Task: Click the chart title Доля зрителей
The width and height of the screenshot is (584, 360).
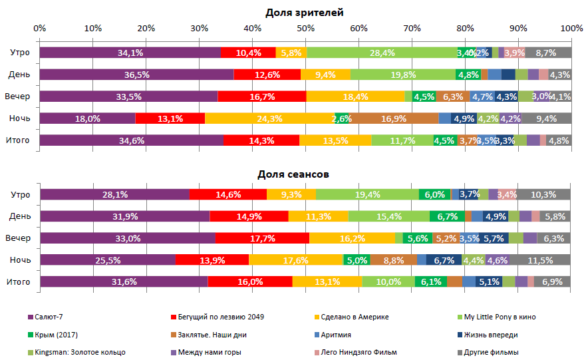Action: click(x=305, y=13)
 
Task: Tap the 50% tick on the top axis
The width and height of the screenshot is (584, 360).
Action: click(x=305, y=29)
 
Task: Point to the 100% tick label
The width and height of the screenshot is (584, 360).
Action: click(x=571, y=29)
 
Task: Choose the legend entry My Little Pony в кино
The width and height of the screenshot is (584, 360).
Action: click(x=500, y=317)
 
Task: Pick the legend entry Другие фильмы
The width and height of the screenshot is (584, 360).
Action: click(x=491, y=352)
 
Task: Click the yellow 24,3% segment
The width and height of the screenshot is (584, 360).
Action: click(x=269, y=118)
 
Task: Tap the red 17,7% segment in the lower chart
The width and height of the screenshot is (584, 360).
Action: click(x=262, y=238)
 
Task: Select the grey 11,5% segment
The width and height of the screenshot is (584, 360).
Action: click(x=541, y=260)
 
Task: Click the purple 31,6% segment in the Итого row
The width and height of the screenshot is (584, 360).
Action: click(x=124, y=282)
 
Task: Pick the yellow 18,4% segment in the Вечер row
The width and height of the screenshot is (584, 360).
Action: click(x=355, y=96)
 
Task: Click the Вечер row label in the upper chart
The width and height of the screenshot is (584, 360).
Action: click(x=19, y=96)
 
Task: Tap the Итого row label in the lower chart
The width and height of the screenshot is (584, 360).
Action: click(x=19, y=282)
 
